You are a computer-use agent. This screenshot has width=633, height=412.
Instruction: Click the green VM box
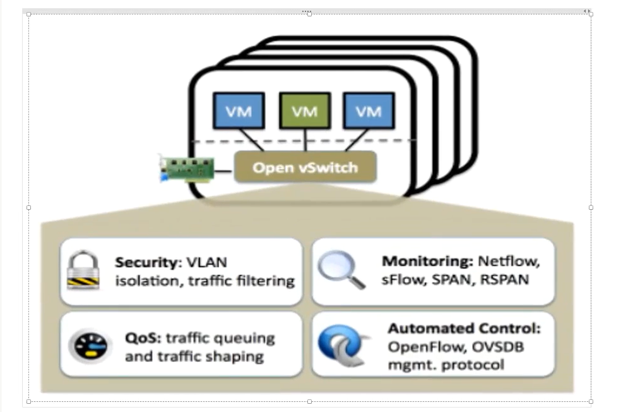coord(305,111)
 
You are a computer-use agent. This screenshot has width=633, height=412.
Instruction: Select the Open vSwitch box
coord(305,167)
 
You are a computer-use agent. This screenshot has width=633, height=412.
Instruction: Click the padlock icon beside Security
coord(85,271)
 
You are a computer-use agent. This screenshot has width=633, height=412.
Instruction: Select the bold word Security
coord(144,262)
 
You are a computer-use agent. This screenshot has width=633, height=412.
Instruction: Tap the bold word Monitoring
coord(427,261)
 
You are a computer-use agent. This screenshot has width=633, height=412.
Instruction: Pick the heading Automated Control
coord(464,329)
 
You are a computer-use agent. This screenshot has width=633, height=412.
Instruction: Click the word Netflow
coord(509,261)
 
